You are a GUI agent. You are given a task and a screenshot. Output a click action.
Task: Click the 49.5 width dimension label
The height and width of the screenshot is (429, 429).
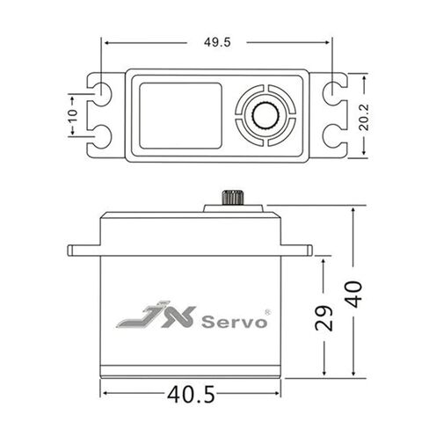click(x=217, y=42)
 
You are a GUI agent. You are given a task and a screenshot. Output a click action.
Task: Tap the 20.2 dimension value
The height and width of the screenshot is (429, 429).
click(x=364, y=117)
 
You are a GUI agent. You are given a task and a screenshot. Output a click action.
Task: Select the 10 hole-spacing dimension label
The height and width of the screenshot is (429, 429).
click(x=72, y=116)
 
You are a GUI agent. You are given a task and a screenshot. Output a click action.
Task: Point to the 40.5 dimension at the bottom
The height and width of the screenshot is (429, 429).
click(x=191, y=394)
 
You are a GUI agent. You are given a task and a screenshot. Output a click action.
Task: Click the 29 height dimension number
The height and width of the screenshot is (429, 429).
click(x=324, y=318)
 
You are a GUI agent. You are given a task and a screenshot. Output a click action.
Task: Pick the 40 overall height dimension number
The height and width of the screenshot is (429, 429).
click(x=353, y=294)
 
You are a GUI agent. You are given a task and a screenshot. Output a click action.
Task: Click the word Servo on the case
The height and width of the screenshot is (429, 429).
click(x=234, y=322)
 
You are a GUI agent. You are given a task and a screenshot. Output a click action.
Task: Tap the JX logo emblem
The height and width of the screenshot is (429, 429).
click(x=156, y=315)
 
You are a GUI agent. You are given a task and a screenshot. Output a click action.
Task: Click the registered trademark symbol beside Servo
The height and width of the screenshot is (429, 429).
click(x=267, y=312)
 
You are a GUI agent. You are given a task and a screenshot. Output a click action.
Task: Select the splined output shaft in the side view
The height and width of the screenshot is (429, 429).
click(x=233, y=198)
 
